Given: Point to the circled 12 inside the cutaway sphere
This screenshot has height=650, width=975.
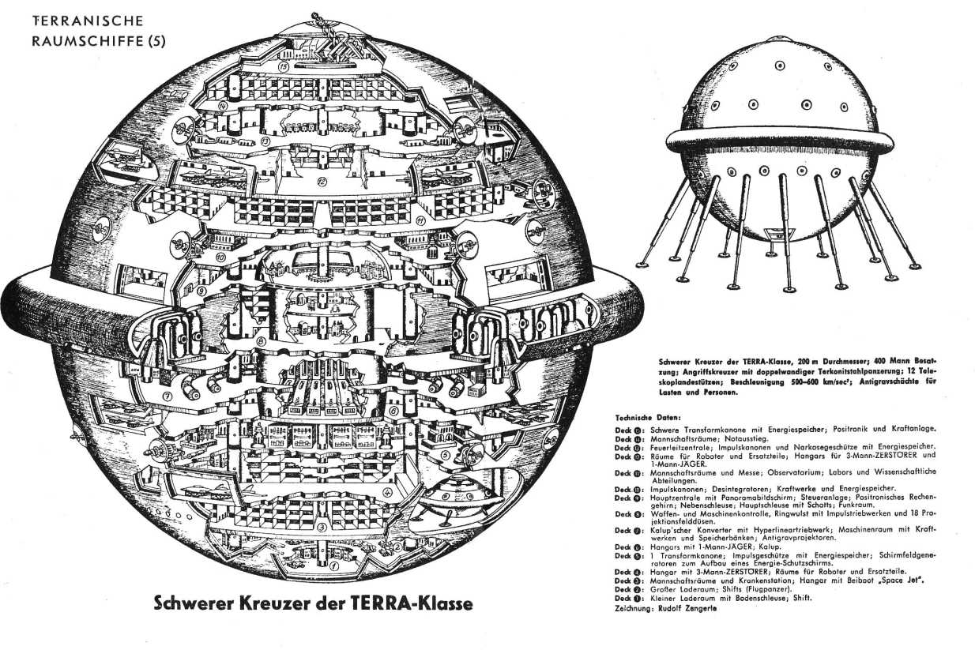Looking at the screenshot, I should click(322, 181).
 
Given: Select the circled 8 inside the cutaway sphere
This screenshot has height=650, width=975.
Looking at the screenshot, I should click(261, 340).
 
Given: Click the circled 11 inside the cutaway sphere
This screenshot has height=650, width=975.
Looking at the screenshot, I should click(420, 220).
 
